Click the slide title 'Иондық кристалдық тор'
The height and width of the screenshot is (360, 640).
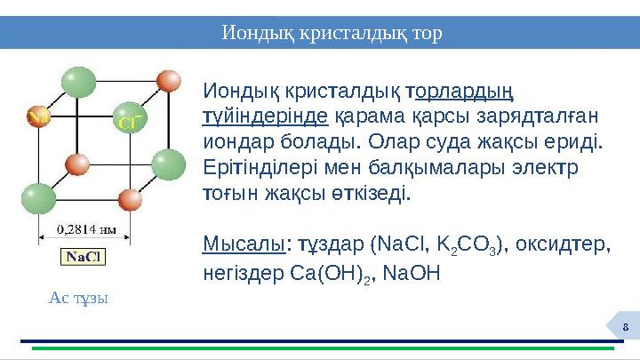pyautogui.click(x=332, y=33)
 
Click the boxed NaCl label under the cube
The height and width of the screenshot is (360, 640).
pyautogui.click(x=84, y=257)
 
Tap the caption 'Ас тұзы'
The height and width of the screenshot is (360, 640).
pyautogui.click(x=79, y=298)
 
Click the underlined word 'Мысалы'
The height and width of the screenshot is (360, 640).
pyautogui.click(x=242, y=244)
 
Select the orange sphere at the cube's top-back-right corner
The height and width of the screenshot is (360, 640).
pyautogui.click(x=168, y=83)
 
